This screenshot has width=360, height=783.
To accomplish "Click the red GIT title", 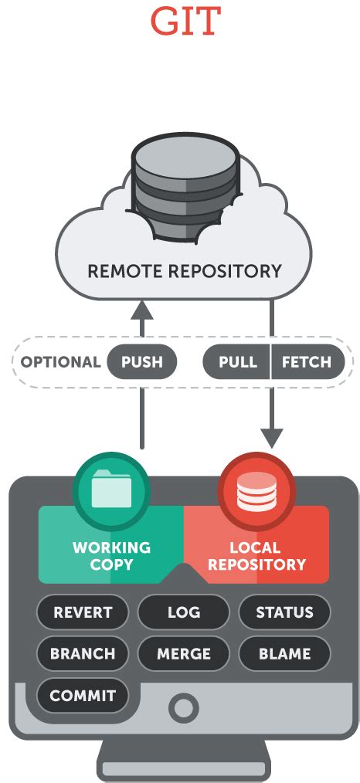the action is tap(185, 21).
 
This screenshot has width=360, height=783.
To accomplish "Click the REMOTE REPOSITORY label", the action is tap(185, 271).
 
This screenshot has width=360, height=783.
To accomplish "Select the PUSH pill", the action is tap(142, 361).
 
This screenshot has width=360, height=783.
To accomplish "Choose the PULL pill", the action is tap(236, 361).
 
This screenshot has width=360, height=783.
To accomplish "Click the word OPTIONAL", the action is tap(61, 361).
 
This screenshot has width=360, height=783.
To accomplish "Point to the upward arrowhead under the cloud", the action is tap(142, 310).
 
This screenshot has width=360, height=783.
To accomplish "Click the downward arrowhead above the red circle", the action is tap(272, 439).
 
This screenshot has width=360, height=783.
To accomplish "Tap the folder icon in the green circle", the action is tap(112, 489).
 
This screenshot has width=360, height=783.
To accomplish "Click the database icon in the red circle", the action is tap(256, 491).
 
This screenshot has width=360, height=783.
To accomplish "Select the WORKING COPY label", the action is tap(111, 556).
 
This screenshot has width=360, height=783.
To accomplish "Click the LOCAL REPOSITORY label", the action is tap(256, 556).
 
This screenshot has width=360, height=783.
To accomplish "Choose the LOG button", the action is tap(184, 612).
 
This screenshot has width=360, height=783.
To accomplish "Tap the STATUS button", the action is tap(284, 612).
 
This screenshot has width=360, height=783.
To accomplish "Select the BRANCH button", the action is tap(83, 653).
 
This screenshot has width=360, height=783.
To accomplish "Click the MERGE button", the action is tap(184, 653).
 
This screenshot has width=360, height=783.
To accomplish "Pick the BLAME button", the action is tap(284, 653).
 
